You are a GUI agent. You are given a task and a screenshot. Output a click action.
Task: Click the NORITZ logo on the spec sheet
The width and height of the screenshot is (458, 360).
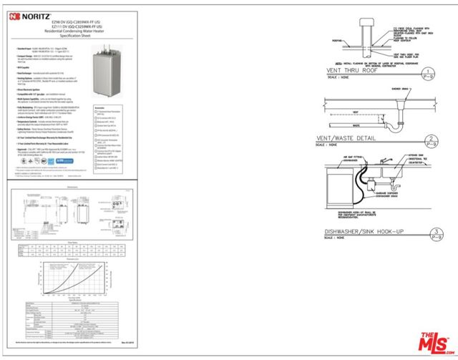32,15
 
